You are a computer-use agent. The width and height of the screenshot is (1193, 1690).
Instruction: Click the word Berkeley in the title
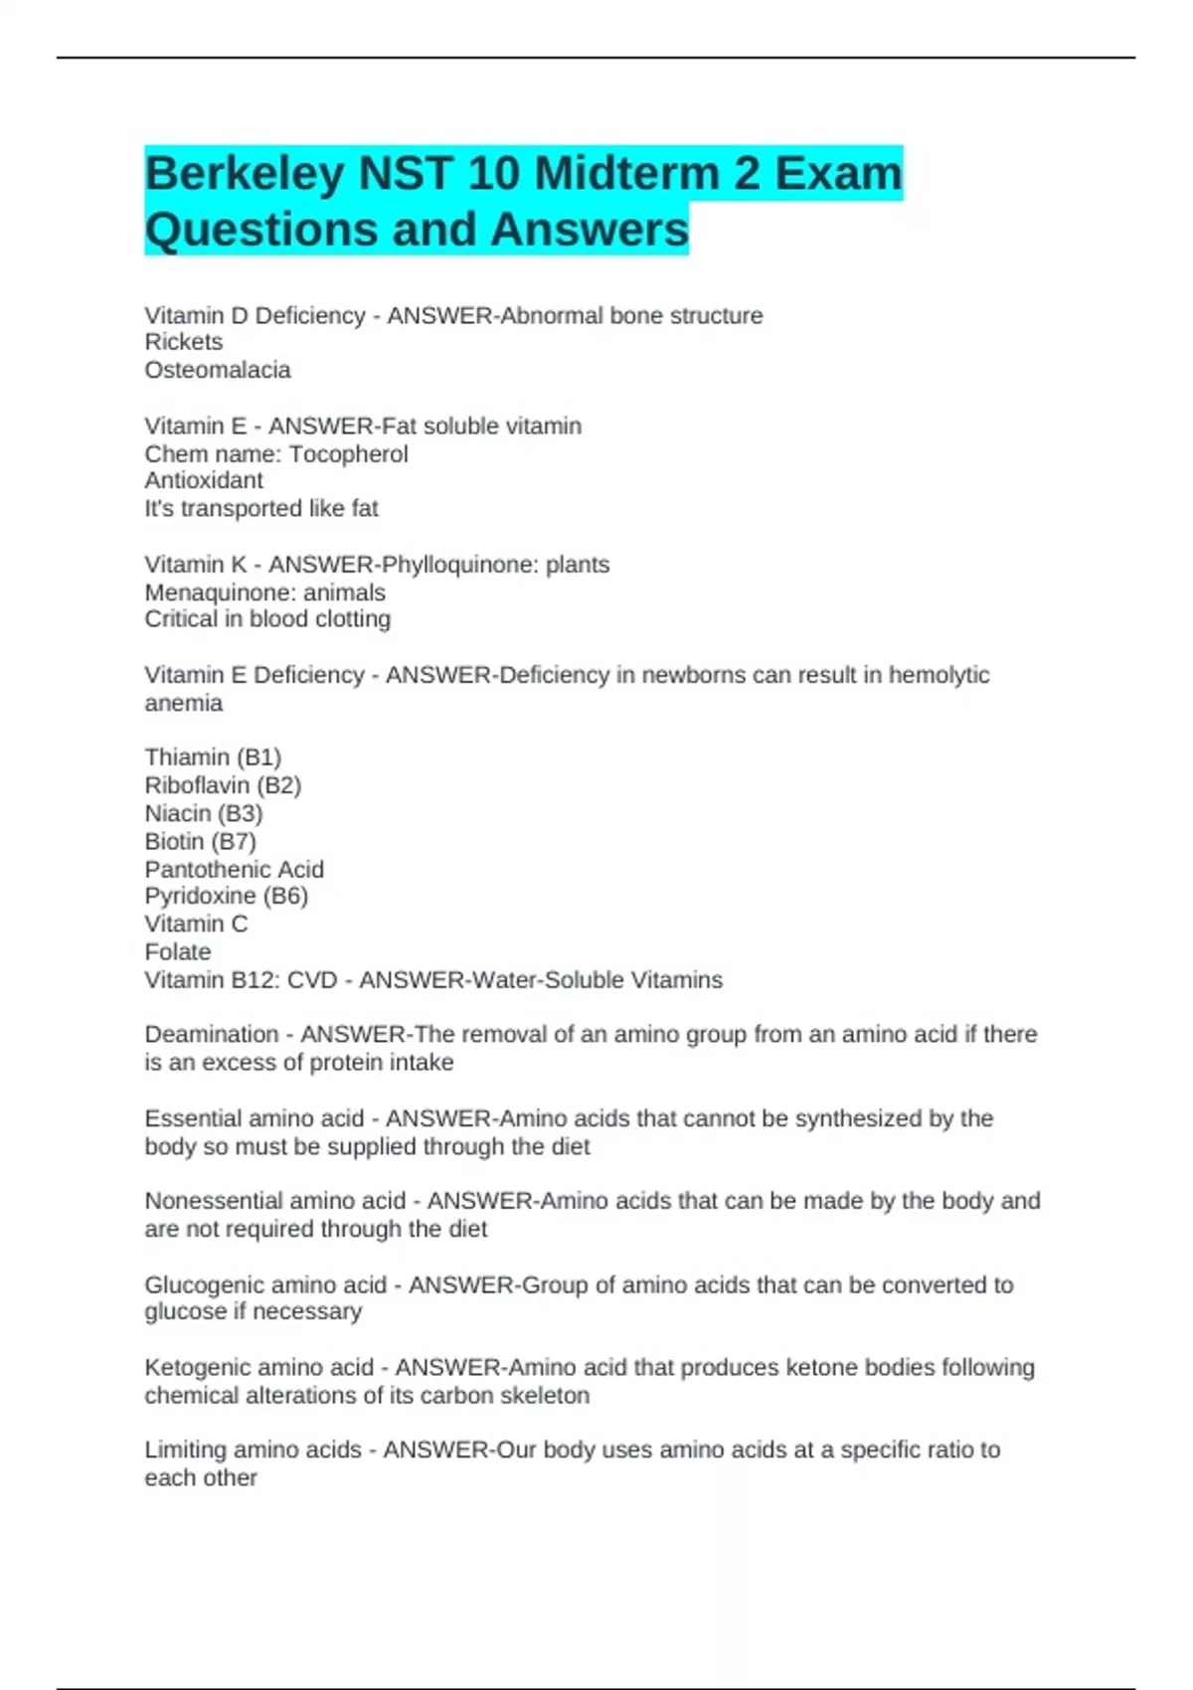pos(245,175)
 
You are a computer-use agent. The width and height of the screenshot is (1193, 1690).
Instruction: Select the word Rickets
pos(184,342)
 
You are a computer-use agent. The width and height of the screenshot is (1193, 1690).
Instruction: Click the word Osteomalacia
pos(218,370)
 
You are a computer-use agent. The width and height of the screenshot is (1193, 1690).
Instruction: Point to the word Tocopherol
pos(348,454)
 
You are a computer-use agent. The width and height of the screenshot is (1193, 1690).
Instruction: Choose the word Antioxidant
pos(204,481)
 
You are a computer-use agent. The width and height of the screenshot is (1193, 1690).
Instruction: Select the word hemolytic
pos(938,675)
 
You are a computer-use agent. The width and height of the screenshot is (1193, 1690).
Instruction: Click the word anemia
pos(184,703)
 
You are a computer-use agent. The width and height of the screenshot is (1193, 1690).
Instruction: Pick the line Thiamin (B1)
pos(213,758)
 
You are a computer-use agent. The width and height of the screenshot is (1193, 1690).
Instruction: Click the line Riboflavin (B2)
pos(223,785)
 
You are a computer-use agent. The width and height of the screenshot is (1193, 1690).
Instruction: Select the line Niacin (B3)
pos(204,813)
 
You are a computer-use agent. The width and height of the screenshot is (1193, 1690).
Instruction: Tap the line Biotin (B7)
pos(201,841)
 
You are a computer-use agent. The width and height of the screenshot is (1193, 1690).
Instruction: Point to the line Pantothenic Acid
pos(235,869)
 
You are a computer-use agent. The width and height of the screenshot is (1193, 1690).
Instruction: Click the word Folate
pos(178,951)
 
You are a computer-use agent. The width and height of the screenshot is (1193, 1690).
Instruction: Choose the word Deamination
pos(212,1035)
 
